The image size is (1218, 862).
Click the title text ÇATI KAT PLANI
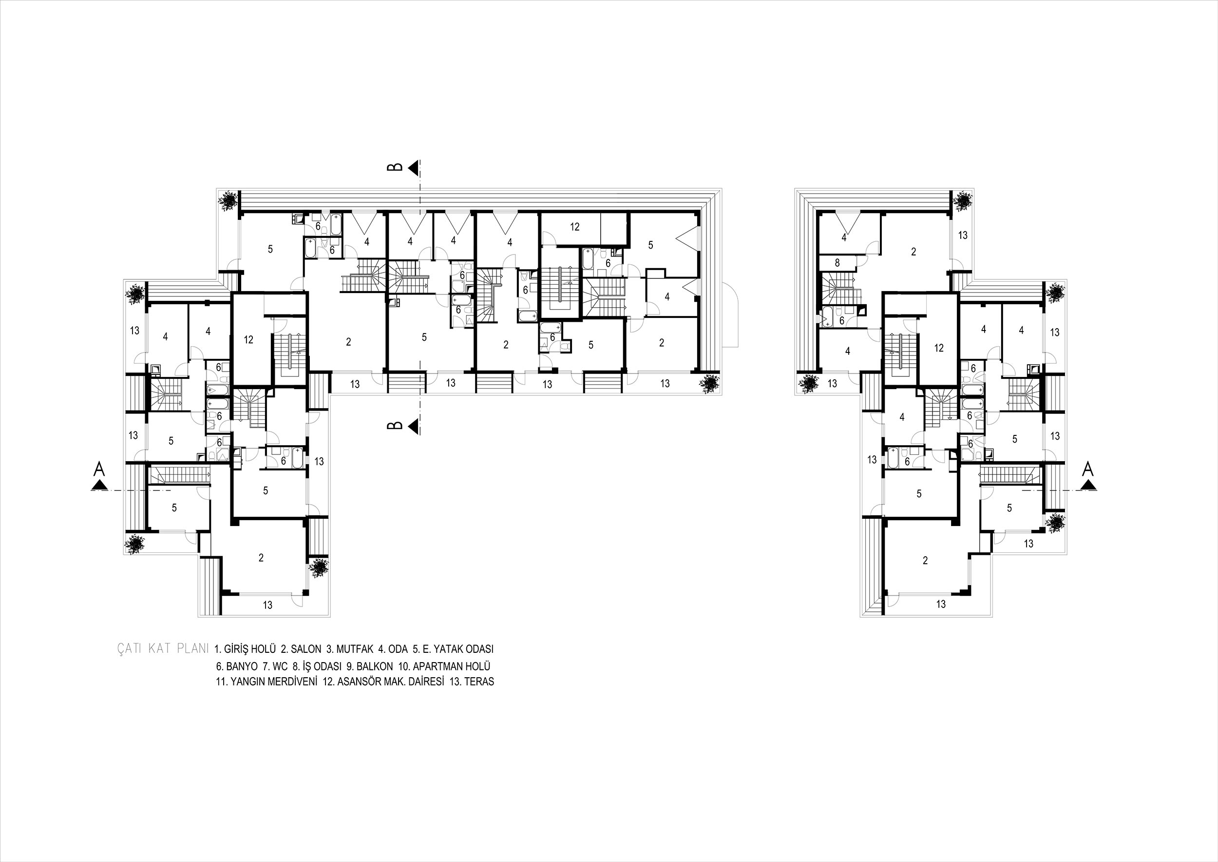(162, 649)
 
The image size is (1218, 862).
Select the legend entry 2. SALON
(301, 649)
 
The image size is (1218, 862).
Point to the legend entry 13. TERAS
(472, 682)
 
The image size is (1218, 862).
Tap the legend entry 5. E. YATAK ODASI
(453, 649)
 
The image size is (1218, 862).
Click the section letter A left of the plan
(99, 469)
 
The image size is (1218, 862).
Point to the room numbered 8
(837, 262)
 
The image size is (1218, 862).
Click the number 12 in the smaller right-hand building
(939, 348)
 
